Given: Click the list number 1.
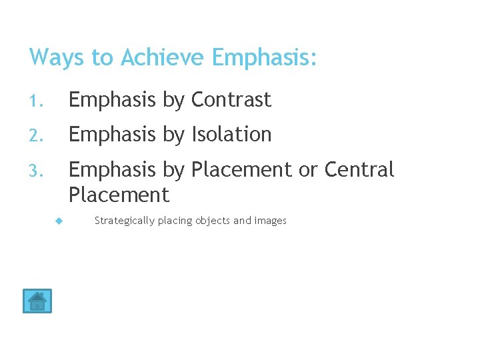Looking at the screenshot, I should [35, 101].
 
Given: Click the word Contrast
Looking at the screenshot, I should [231, 100].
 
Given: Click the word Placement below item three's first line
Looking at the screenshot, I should [119, 195].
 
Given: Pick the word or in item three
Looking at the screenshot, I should [308, 170].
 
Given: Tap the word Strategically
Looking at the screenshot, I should [125, 221].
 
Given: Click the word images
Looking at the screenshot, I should [270, 221].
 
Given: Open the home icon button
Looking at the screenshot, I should [37, 301].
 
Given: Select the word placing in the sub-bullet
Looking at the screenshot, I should [175, 221].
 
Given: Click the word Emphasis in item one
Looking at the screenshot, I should [113, 100].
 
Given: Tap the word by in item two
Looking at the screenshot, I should [174, 135].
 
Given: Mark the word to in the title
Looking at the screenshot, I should [102, 58].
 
